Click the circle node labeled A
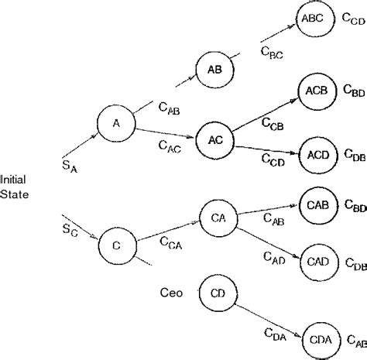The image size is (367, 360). coord(116,122)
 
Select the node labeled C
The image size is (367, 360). coord(116,245)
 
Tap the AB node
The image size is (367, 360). coord(214,69)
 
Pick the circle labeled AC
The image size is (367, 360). coord(215,139)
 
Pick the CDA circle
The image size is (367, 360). coord(317,339)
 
